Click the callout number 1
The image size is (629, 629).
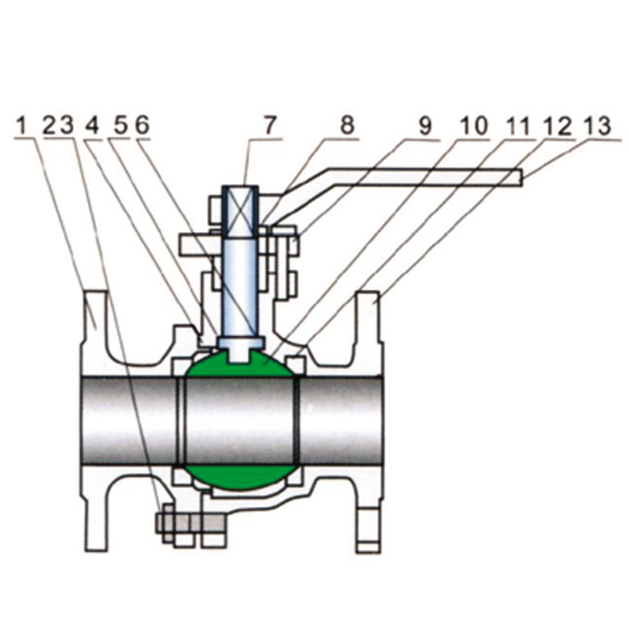[23, 125]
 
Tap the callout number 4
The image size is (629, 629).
[92, 126]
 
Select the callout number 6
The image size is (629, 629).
[142, 125]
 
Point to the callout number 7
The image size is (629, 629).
[270, 125]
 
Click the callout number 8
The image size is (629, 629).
[348, 125]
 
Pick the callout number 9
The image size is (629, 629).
[425, 126]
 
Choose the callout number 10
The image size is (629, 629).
[474, 126]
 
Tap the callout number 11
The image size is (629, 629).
[518, 126]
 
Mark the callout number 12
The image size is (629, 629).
[557, 126]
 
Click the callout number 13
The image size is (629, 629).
[598, 126]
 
